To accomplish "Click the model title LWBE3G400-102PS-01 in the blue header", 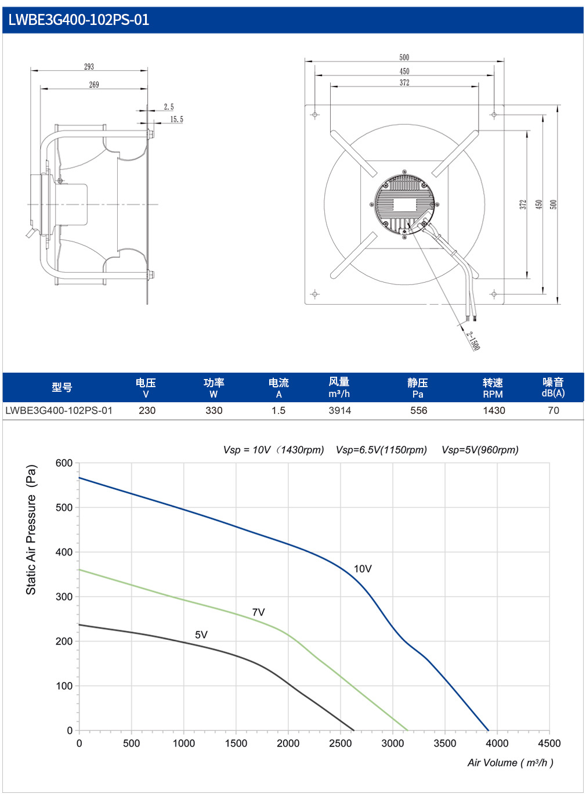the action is (x=79, y=20).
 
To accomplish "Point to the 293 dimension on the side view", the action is (x=89, y=67).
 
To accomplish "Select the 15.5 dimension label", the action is (x=176, y=120).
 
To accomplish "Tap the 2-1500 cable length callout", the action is (x=473, y=341).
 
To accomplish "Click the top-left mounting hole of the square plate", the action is (x=315, y=115).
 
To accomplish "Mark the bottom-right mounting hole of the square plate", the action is (x=494, y=294).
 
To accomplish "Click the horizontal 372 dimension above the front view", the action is (x=404, y=82).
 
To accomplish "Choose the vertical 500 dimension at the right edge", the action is (x=554, y=204).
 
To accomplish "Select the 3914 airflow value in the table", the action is (x=339, y=410).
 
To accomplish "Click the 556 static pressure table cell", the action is (x=419, y=410).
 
